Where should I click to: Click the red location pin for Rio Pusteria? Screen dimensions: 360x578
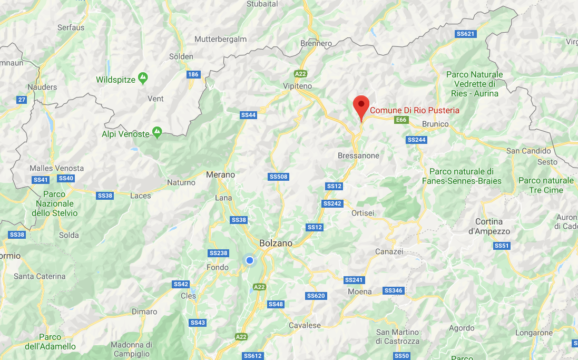[x=361, y=104]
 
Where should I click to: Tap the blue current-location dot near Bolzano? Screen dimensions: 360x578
[x=250, y=260]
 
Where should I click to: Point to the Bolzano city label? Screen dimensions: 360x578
[x=276, y=244]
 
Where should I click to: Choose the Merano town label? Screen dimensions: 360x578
[x=220, y=174]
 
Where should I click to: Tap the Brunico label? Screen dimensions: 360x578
[x=435, y=124]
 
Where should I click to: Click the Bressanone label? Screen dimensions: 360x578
[x=358, y=155]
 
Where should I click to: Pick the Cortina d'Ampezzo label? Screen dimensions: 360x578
[x=489, y=226]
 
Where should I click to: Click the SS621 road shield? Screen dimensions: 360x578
[x=465, y=34]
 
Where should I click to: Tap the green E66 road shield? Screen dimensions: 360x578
[x=401, y=120]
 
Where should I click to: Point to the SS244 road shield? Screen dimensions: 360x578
[x=416, y=140]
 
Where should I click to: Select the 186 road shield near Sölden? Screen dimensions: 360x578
[x=193, y=74]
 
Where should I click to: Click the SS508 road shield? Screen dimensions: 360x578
[x=278, y=177]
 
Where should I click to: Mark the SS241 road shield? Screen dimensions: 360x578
[x=354, y=280]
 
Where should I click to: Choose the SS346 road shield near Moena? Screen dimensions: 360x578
[x=393, y=290]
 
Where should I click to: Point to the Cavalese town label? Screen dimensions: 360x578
[x=305, y=325]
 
